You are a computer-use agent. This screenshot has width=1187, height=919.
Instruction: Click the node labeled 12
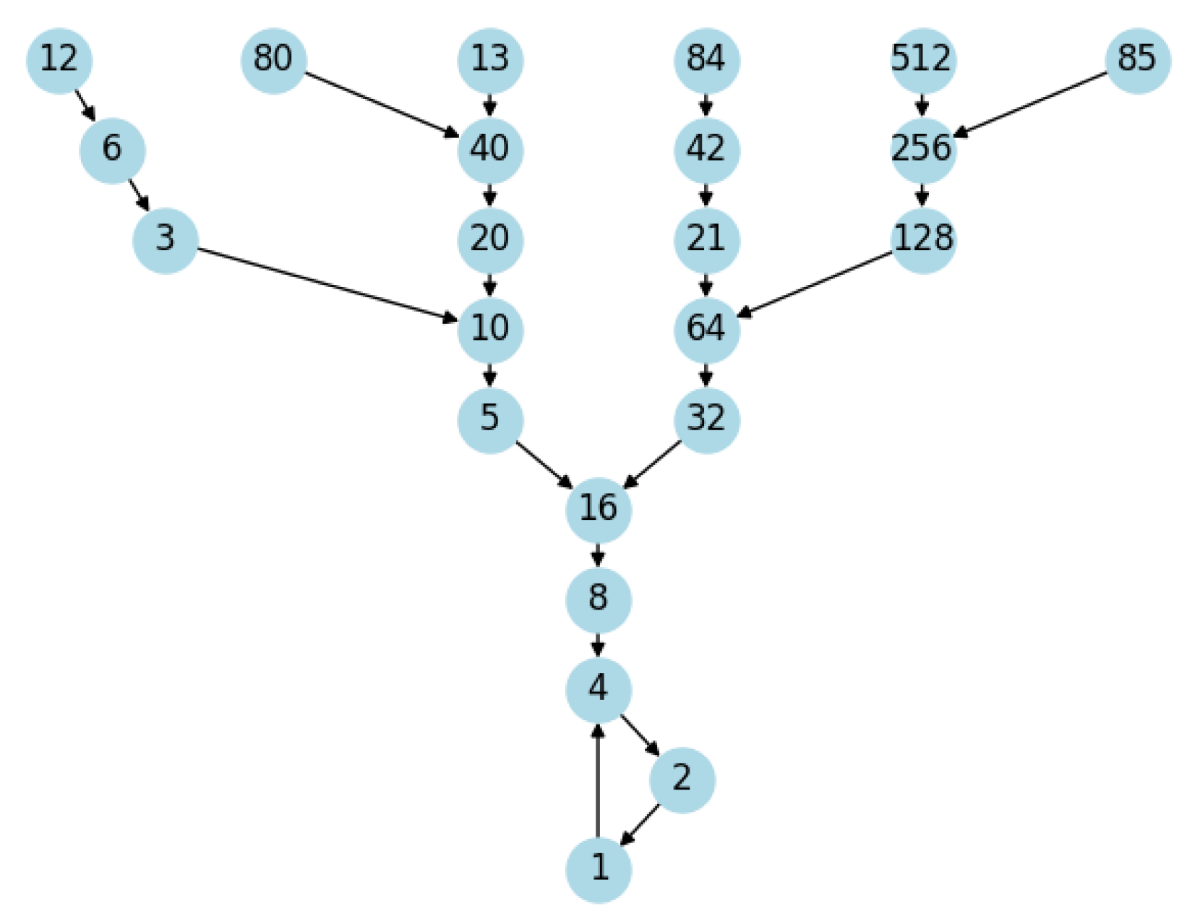(x=59, y=60)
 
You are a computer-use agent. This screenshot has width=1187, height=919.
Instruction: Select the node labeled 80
(x=273, y=60)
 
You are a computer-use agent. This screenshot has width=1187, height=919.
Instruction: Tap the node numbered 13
(x=490, y=60)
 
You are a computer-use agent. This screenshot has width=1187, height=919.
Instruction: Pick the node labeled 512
(x=922, y=60)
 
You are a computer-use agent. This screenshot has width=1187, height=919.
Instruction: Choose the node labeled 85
(x=1137, y=60)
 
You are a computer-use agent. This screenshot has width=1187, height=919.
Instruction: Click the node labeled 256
(x=922, y=150)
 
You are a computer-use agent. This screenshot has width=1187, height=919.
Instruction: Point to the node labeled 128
(x=923, y=239)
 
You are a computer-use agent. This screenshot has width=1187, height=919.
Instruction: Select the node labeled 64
(x=706, y=329)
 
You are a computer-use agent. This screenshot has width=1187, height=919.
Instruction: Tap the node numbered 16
(x=598, y=509)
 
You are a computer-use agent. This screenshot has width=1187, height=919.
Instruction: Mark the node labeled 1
(x=599, y=868)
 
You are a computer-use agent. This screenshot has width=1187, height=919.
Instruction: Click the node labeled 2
(x=682, y=779)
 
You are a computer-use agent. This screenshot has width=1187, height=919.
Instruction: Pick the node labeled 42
(x=706, y=150)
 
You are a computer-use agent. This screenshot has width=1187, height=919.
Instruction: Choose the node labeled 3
(x=166, y=239)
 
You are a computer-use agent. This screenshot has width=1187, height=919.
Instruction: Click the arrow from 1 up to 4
(x=598, y=781)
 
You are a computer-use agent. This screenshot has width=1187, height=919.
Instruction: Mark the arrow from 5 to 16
(x=544, y=464)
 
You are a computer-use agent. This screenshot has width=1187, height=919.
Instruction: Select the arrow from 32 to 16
(x=652, y=464)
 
